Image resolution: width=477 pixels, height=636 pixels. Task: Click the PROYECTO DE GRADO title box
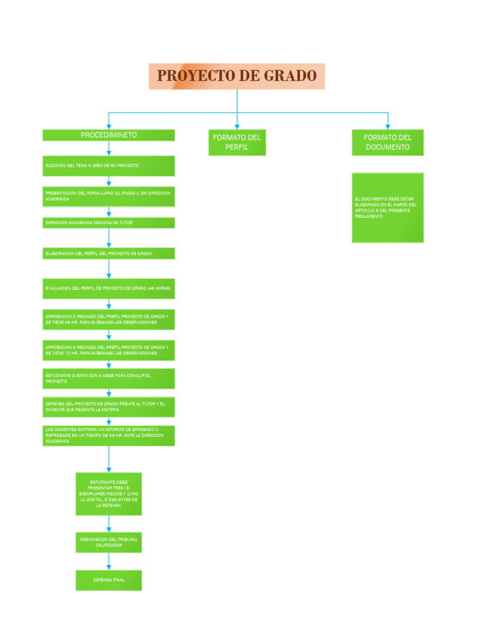[237, 76]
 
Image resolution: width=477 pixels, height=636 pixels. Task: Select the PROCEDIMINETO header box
[109, 135]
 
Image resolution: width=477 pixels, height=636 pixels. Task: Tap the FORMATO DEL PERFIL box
[237, 142]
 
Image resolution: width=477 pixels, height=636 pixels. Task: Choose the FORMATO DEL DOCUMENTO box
[388, 142]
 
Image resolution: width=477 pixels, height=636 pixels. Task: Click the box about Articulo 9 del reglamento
[388, 207]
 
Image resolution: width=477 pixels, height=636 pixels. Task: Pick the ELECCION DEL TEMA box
[109, 166]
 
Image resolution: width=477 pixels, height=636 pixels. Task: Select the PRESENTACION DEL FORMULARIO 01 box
[109, 196]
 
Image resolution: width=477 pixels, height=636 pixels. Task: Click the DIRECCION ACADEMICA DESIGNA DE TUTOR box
[109, 222]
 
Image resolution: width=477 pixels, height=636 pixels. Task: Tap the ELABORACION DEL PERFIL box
[109, 253]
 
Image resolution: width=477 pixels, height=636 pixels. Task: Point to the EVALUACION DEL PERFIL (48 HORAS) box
[109, 289]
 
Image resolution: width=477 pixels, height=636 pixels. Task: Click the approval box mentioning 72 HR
[109, 350]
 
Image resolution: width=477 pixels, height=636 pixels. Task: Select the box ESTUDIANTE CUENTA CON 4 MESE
[109, 378]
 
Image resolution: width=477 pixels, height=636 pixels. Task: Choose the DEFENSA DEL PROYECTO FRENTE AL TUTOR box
[109, 407]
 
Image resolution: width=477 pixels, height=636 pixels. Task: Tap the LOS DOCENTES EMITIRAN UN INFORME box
[109, 435]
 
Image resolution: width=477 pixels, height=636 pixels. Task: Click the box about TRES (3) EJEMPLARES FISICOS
[109, 494]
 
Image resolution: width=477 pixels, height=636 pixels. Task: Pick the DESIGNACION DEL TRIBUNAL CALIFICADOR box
[109, 542]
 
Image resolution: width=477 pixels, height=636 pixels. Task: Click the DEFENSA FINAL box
[109, 579]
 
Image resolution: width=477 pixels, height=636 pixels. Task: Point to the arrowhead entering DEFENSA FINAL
[109, 566]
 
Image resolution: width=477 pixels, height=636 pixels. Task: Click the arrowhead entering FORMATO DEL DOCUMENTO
[388, 126]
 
